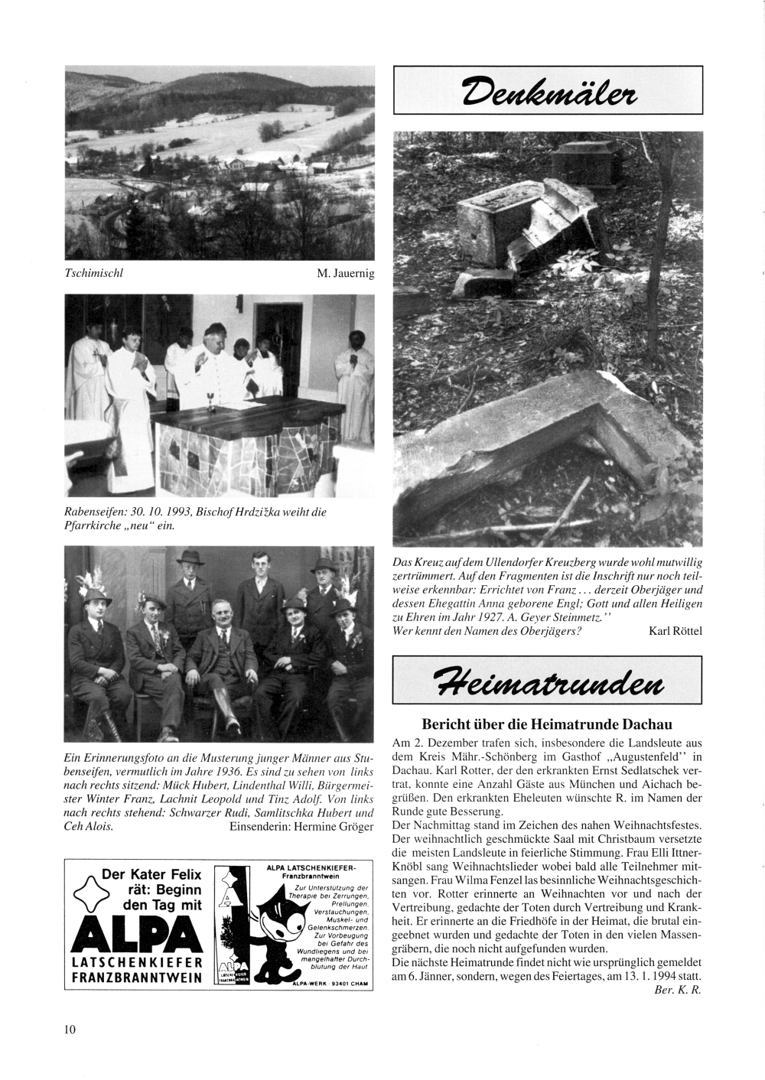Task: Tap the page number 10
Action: tap(70, 1029)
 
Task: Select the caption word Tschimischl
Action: tap(93, 272)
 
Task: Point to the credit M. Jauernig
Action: tap(346, 273)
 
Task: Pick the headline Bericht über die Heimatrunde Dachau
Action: tap(547, 724)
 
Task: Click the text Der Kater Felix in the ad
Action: tap(151, 874)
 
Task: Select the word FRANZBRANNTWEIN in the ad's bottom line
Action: tap(136, 978)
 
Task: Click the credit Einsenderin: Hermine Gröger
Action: tap(301, 827)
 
